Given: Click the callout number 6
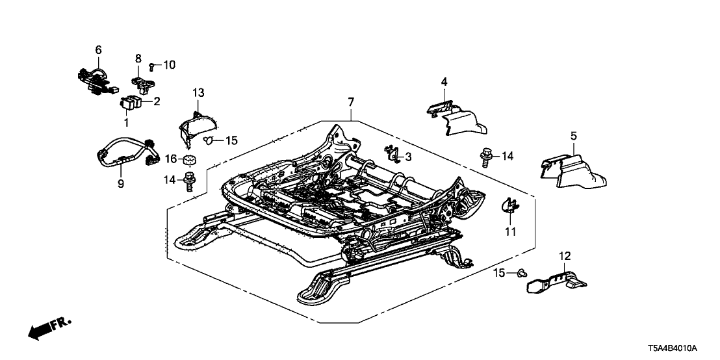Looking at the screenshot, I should point(99,49).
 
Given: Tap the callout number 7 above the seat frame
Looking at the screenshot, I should point(351,102).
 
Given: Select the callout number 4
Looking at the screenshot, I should point(444,82).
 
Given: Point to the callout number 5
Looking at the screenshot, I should point(574,136).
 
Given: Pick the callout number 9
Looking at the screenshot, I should point(121,184).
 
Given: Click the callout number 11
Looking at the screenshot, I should point(510,231).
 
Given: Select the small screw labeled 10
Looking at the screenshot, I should point(151,66).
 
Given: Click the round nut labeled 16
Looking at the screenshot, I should point(190,161).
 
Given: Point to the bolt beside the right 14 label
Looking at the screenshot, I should point(486,157).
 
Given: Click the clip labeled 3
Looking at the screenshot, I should point(392,154).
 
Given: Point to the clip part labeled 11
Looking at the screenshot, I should point(510,206).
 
